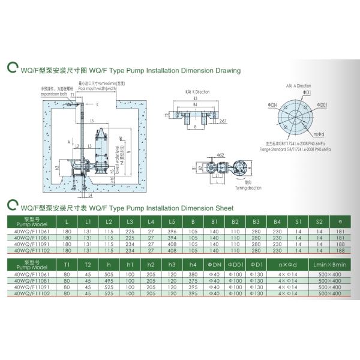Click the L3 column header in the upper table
130,222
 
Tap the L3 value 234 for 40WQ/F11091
130,243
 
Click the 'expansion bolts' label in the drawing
49,94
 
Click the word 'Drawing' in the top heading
227,70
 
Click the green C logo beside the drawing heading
10,69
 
